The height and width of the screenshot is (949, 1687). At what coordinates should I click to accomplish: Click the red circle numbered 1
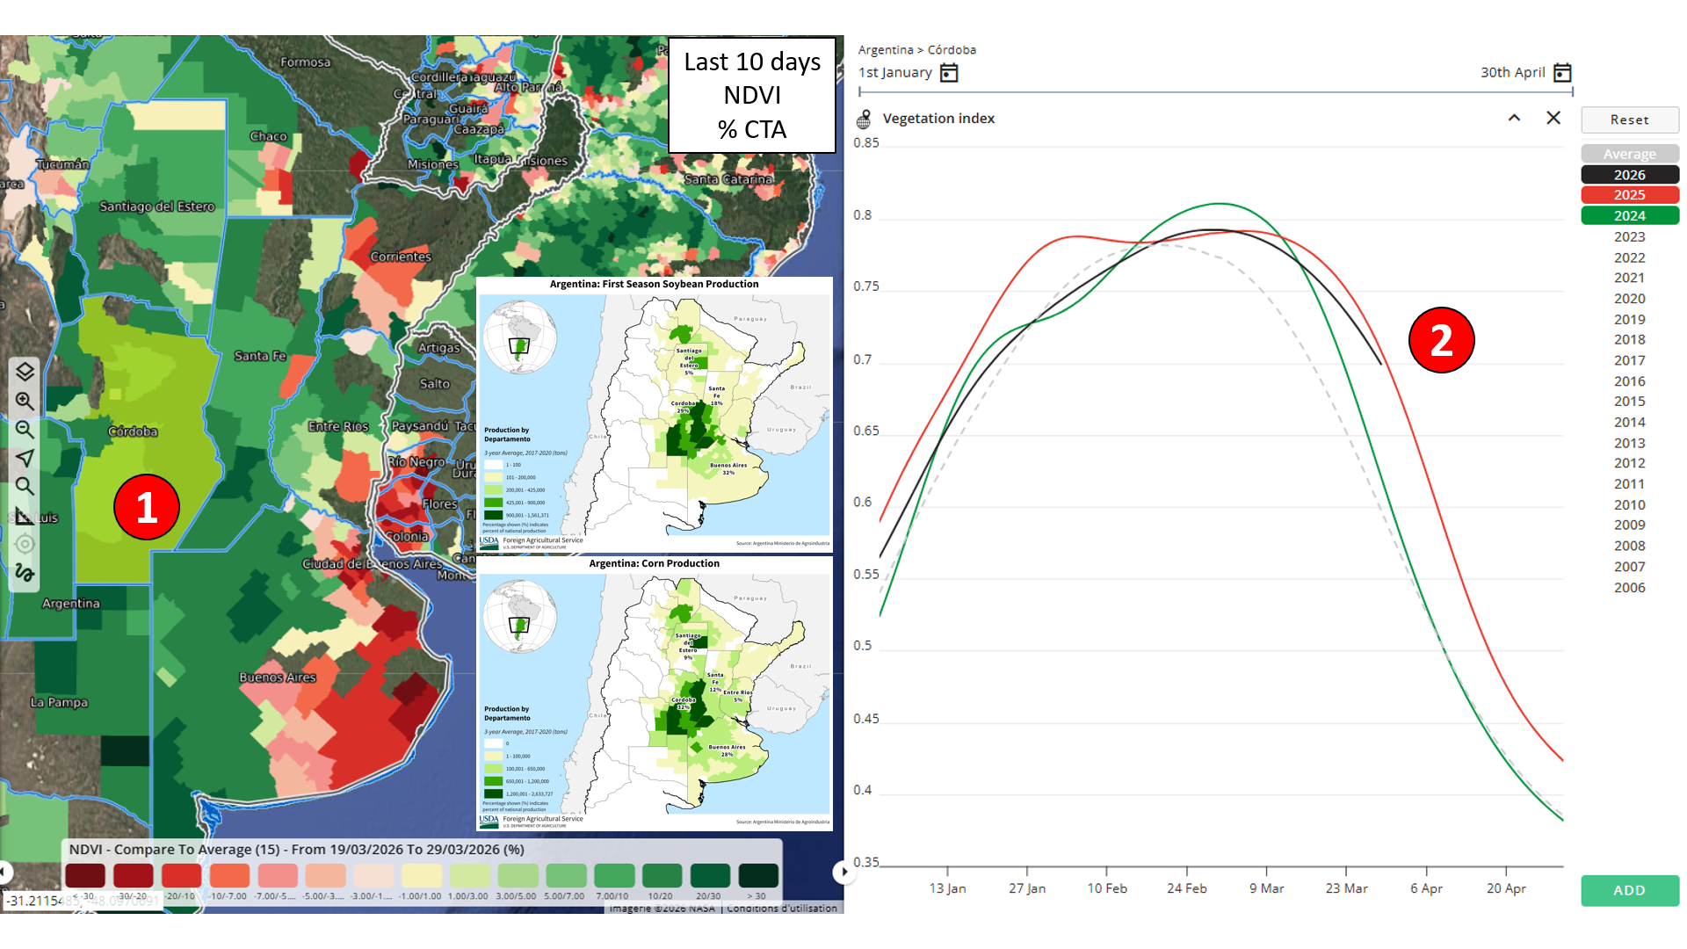click(147, 507)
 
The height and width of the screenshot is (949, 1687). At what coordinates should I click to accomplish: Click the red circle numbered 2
click(1441, 340)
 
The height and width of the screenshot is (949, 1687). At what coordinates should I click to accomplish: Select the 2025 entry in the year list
click(1629, 195)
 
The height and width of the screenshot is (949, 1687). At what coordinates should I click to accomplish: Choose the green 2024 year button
click(1629, 216)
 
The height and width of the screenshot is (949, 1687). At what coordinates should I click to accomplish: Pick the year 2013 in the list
click(1629, 443)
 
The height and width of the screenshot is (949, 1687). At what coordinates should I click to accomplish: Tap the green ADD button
click(1629, 890)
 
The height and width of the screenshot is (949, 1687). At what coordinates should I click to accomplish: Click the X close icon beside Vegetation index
click(1553, 118)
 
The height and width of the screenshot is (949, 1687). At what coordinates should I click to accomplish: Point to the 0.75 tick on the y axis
click(865, 286)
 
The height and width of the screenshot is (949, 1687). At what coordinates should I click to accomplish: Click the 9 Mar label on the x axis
click(1266, 888)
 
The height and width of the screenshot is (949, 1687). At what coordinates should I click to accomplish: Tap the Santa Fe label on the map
click(260, 356)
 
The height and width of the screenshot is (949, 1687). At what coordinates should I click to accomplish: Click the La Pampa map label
click(59, 702)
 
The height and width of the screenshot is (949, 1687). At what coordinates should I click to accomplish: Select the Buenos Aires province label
click(278, 677)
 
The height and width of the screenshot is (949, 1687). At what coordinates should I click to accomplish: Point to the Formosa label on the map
click(306, 62)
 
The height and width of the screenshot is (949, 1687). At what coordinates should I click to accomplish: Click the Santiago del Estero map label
click(156, 206)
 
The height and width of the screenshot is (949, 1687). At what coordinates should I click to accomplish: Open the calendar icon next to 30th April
click(1562, 73)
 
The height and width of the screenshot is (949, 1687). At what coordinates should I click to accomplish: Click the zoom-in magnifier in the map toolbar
click(25, 402)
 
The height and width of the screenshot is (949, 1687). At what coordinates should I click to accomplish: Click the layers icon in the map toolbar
click(25, 372)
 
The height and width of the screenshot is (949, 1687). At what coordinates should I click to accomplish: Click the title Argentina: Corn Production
click(654, 563)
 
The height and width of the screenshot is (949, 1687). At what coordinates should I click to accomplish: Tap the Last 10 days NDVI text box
click(752, 95)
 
